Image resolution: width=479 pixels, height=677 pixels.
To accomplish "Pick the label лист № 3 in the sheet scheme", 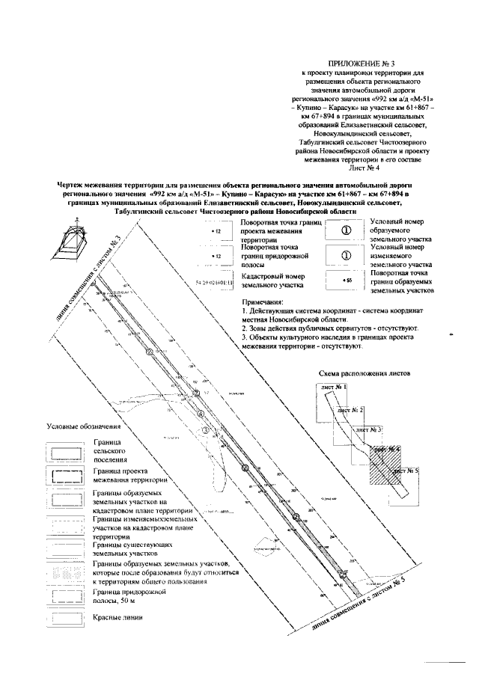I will tap(370, 430).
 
